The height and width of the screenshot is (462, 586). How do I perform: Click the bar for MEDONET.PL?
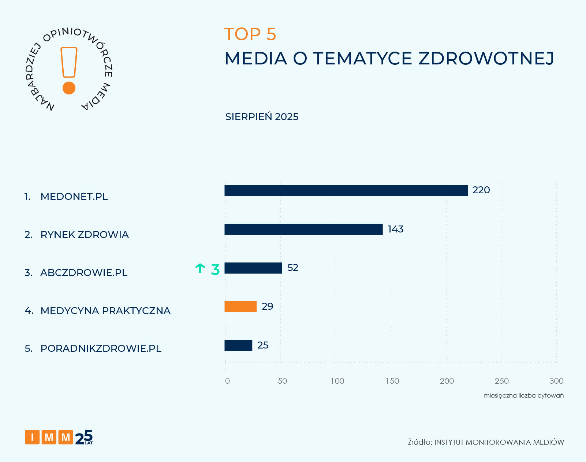(x=346, y=191)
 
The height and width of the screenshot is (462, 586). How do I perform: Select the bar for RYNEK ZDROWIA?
(x=303, y=230)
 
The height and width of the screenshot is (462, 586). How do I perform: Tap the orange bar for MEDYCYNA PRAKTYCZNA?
(x=240, y=307)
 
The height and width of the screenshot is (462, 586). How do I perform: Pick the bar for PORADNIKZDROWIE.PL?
(x=238, y=346)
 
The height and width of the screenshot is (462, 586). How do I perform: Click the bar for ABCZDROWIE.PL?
(x=253, y=268)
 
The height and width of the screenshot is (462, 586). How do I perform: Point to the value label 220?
(x=481, y=190)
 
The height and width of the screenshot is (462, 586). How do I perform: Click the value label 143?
(x=395, y=229)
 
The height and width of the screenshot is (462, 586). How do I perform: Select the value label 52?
(x=293, y=268)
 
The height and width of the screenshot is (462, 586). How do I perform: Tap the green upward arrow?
(x=200, y=268)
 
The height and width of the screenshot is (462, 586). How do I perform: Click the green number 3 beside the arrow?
(x=215, y=269)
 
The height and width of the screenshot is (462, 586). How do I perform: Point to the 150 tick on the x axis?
(x=392, y=381)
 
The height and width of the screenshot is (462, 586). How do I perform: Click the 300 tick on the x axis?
(x=556, y=381)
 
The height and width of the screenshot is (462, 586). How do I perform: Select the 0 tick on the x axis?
(x=227, y=381)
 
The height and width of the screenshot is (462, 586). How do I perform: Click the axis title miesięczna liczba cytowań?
(x=523, y=395)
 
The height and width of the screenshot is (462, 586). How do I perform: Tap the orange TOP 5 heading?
(x=250, y=34)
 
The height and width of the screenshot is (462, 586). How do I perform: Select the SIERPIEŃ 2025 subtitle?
(x=262, y=117)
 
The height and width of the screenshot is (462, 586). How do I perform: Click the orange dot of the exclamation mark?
(x=69, y=88)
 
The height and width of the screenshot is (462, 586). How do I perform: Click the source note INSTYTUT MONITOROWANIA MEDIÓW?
(x=499, y=442)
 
